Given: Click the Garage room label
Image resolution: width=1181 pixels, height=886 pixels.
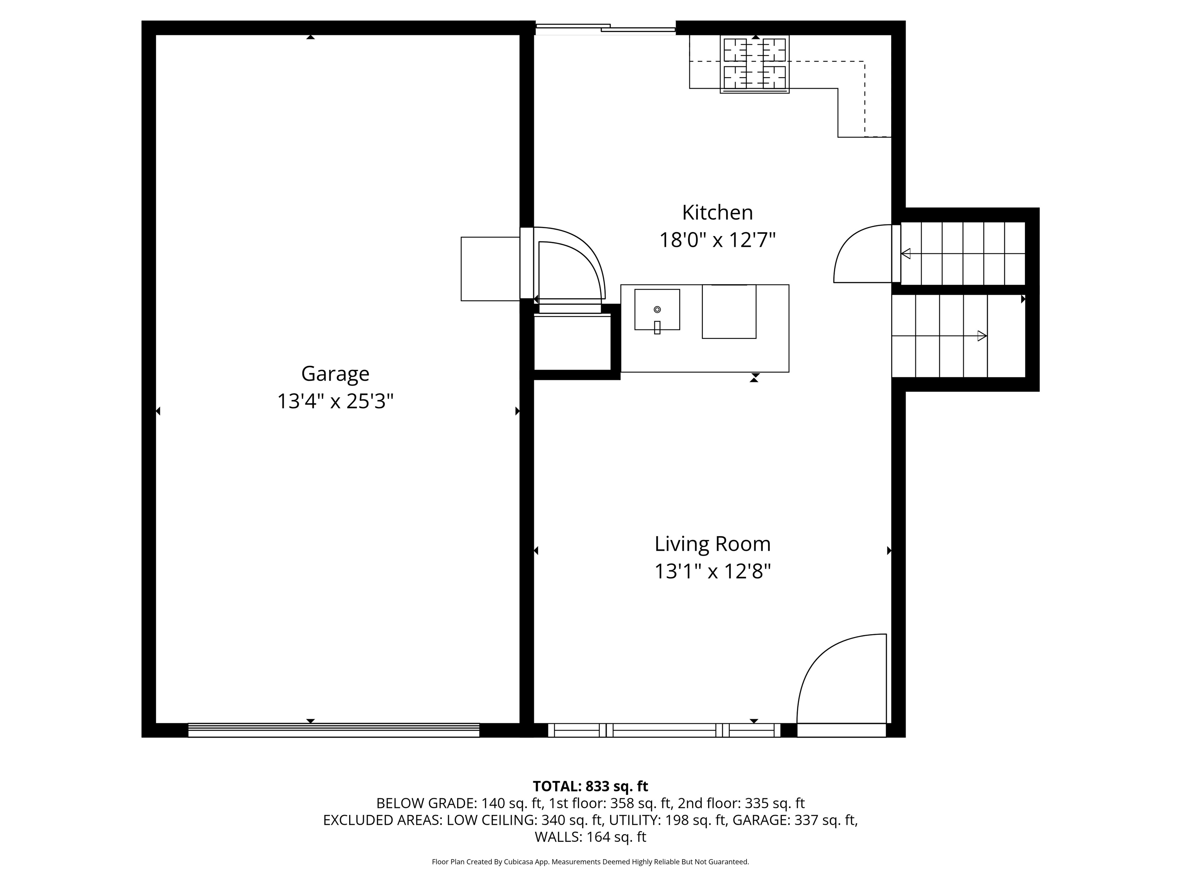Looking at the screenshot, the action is tap(335, 374).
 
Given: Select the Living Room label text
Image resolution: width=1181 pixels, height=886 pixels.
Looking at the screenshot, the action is tap(713, 544).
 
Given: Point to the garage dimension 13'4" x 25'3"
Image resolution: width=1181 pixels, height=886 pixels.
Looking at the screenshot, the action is tap(335, 401).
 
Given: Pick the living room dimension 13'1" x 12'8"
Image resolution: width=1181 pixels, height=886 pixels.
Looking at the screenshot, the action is tap(713, 572).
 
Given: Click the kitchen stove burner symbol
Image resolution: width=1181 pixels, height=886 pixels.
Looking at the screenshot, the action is tap(754, 64).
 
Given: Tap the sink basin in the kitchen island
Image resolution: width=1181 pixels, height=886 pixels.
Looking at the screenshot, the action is tap(657, 310).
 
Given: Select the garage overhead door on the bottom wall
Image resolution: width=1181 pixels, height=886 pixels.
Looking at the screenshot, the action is tap(334, 730).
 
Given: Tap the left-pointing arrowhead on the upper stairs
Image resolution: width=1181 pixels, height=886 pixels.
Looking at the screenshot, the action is tap(905, 254).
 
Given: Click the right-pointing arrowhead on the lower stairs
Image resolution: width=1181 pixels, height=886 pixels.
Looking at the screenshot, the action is tap(982, 336).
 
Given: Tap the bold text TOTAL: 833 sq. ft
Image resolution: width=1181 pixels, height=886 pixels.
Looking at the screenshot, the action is tap(590, 786).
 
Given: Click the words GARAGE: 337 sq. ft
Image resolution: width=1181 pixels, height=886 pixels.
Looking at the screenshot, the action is tap(795, 820).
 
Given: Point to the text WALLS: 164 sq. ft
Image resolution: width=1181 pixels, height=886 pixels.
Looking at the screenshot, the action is tap(590, 837).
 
